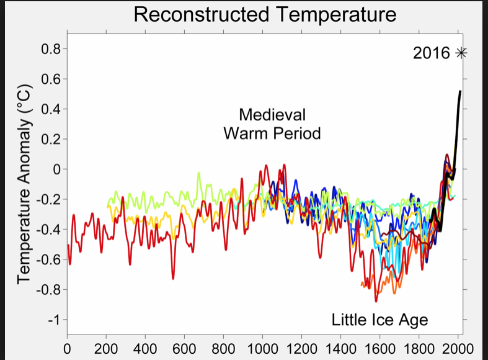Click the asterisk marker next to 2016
pyautogui.click(x=460, y=53)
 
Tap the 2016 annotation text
pyautogui.click(x=431, y=53)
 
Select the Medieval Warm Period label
pyautogui.click(x=272, y=124)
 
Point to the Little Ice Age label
pyautogui.click(x=379, y=320)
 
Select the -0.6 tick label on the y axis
pyautogui.click(x=48, y=260)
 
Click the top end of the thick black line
pyautogui.click(x=459, y=92)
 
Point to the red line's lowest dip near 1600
pyautogui.click(x=376, y=301)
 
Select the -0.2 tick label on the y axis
pyautogui.click(x=48, y=200)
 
